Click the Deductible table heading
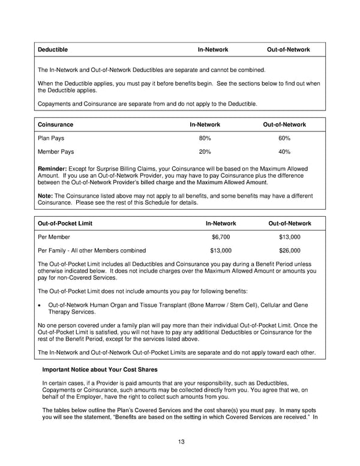[53, 49]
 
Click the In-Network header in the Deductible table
[213, 49]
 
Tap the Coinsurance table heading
[55, 124]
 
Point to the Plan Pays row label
[52, 138]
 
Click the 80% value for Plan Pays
[205, 138]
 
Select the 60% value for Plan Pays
[284, 138]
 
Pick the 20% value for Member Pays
[205, 152]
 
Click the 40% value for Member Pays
[284, 152]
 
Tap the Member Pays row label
[57, 152]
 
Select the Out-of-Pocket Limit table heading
[65, 223]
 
